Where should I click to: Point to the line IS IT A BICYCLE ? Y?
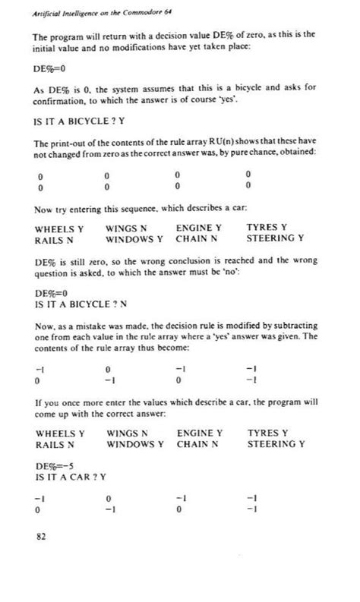click(x=81, y=120)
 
